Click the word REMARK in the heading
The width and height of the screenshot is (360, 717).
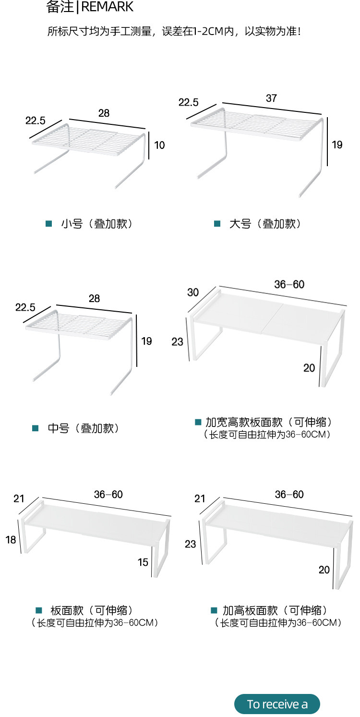pyautogui.click(x=108, y=7)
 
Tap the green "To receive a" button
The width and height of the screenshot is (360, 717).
pyautogui.click(x=277, y=704)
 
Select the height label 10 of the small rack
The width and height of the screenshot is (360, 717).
pyautogui.click(x=159, y=145)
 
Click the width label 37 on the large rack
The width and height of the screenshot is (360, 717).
pyautogui.click(x=271, y=98)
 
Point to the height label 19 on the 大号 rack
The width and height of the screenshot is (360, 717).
pyautogui.click(x=337, y=144)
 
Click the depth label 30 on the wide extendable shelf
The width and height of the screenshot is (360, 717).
pyautogui.click(x=193, y=292)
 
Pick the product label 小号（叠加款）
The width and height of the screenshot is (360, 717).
pyautogui.click(x=96, y=224)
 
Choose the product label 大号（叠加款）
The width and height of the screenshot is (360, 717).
pyautogui.click(x=265, y=224)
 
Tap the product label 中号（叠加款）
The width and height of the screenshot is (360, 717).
pyautogui.click(x=83, y=428)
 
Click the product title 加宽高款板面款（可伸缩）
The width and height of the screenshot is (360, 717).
pyautogui.click(x=269, y=422)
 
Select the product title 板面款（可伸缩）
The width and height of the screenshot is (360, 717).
pyautogui.click(x=91, y=610)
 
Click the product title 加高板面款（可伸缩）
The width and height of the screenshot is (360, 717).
pyautogui.click(x=276, y=610)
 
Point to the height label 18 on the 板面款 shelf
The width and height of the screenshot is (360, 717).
pyautogui.click(x=11, y=540)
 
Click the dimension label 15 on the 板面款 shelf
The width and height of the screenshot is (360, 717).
pyautogui.click(x=143, y=562)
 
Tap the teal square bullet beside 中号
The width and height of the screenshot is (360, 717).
pyautogui.click(x=35, y=428)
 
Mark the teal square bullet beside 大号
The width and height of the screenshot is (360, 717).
pyautogui.click(x=217, y=224)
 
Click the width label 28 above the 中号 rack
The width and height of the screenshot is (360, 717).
pyautogui.click(x=94, y=298)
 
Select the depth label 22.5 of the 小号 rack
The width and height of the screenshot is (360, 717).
pyautogui.click(x=36, y=120)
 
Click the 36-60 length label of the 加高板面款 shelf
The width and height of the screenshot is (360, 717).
pyautogui.click(x=289, y=494)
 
